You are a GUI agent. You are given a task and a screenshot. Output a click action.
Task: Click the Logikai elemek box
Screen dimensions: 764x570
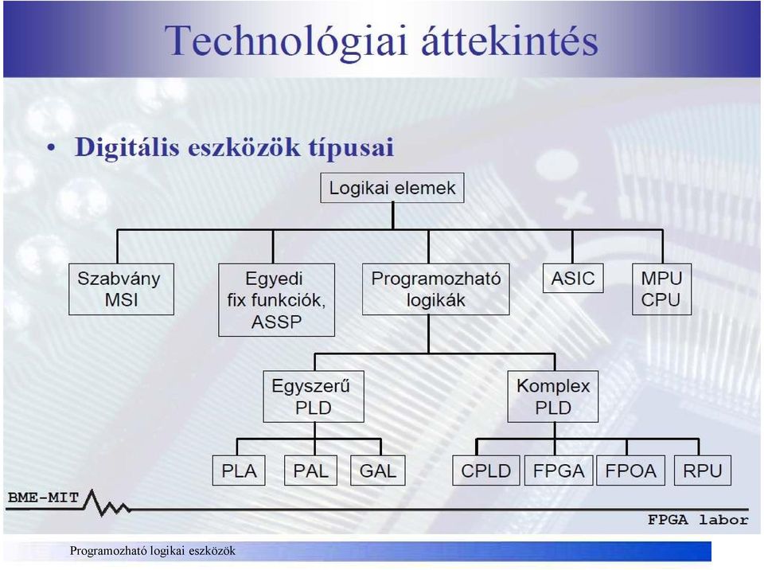point(392,188)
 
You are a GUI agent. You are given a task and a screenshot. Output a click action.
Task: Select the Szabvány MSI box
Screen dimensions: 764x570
point(121,289)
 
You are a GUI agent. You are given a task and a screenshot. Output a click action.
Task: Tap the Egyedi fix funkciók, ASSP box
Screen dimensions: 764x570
point(277,300)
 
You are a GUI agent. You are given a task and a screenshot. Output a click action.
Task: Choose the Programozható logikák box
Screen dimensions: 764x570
point(436,289)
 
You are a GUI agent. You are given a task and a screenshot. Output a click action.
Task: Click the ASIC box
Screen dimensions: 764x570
point(573,278)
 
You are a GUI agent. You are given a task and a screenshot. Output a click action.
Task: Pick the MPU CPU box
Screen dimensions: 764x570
point(661,289)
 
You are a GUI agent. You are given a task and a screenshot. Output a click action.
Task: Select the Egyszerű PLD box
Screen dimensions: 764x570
point(314,396)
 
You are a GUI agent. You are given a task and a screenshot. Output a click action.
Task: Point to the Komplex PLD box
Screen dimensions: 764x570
point(553,396)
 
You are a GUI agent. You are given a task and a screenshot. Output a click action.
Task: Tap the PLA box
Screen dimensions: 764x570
point(239,470)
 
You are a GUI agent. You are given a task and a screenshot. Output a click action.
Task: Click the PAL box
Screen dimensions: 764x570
point(311,470)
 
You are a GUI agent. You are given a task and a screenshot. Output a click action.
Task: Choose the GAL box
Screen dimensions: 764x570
point(377,470)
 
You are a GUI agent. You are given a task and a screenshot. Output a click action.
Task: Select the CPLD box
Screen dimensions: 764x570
point(485,470)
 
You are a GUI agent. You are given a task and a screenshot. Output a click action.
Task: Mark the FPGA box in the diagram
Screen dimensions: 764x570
point(559,470)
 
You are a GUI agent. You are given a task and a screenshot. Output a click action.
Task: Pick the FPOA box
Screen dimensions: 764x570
point(630,470)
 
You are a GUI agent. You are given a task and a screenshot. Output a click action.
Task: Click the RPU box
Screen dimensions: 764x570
point(703,470)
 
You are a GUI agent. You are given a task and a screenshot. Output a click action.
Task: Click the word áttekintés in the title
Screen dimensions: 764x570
point(509,40)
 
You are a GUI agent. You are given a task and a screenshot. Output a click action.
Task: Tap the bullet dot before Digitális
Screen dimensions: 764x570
point(51,148)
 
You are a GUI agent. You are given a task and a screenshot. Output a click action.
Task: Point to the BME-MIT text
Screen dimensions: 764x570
point(43,498)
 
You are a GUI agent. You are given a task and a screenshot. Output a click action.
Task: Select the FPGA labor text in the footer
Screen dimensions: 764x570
point(698,520)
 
